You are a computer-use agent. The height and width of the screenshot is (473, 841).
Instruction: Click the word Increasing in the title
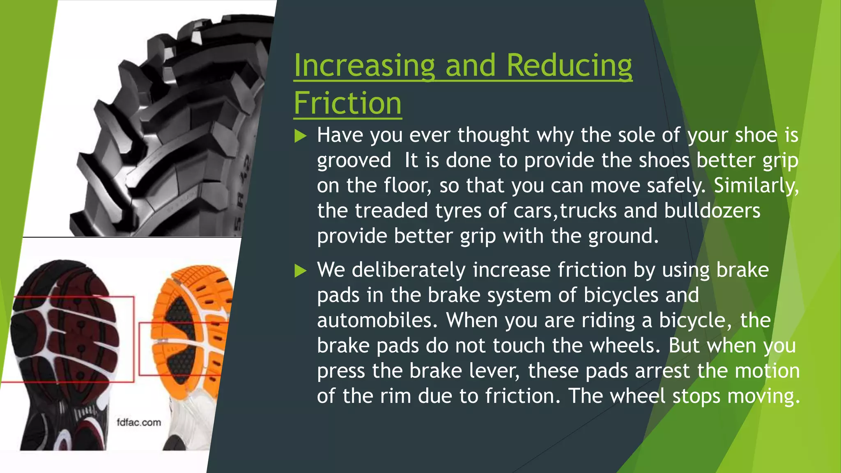[364, 65]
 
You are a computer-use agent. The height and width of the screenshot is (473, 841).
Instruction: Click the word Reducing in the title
[569, 65]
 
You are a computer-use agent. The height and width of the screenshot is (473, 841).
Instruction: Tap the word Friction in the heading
[347, 103]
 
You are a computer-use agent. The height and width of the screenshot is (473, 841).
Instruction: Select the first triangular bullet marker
[301, 136]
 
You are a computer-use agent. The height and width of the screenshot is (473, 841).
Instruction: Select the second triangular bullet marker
[301, 271]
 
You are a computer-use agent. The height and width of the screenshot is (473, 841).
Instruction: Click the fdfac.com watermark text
[139, 422]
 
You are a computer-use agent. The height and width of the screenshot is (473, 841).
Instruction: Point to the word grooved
[354, 161]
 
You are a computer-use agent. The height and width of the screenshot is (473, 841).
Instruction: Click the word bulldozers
[712, 211]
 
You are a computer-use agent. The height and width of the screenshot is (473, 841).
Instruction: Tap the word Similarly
[756, 186]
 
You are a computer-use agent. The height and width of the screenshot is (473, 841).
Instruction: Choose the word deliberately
[408, 270]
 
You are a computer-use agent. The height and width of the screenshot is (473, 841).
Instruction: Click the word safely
[676, 186]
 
